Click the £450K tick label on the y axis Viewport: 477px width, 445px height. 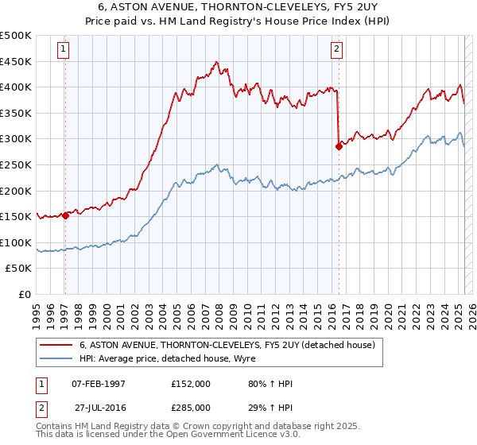click(16, 61)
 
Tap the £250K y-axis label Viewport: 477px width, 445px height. click(16, 164)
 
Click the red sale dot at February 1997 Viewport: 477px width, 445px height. click(65, 215)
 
